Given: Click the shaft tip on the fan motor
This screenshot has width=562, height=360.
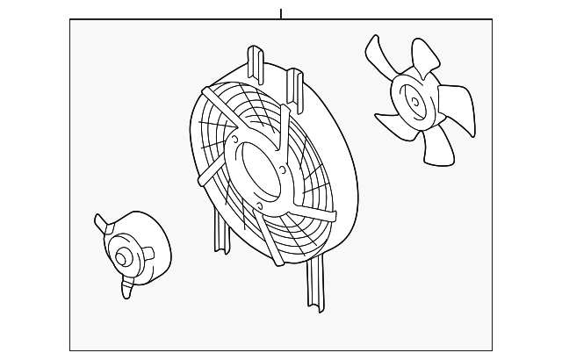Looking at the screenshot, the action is coord(121,257).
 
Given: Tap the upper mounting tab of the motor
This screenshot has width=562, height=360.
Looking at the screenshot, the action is coord(102,226).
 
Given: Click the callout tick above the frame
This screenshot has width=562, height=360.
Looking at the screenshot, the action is coord(281,13).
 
